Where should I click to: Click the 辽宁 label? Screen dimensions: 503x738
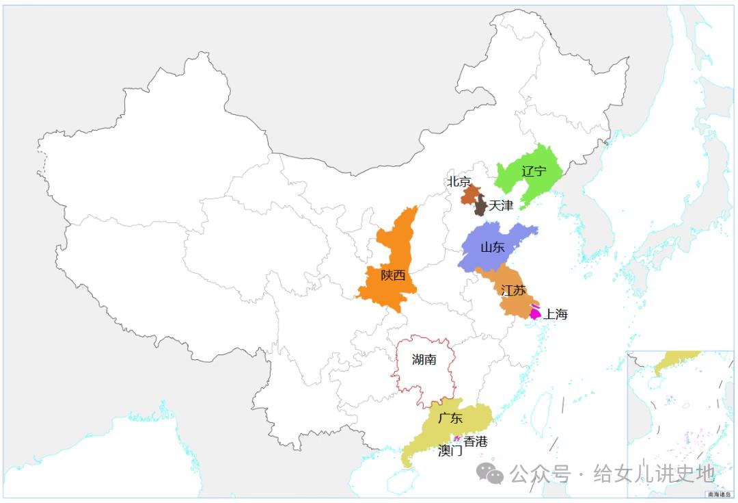pos(534,171)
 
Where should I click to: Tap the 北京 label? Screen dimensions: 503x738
pos(459,182)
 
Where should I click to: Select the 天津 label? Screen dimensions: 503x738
pos(501,205)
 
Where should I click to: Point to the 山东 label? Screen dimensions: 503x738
pos(492,248)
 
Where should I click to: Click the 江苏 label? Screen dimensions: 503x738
pos(513,290)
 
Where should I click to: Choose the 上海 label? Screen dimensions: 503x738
pos(555,315)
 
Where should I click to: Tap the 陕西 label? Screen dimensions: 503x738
pos(393,276)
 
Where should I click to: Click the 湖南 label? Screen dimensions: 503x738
pos(424,360)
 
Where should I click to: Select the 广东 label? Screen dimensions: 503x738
pos(450,418)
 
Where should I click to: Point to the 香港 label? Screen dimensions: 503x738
pos(476,442)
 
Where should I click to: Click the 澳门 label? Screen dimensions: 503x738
pos(450,451)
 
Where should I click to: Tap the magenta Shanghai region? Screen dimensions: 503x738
pos(534,313)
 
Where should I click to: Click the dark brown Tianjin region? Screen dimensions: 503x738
pos(480,205)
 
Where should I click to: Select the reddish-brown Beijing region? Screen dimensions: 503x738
pos(469,194)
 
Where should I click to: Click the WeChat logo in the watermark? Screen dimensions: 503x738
pos(490,472)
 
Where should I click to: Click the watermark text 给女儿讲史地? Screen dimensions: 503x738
pos(654,473)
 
